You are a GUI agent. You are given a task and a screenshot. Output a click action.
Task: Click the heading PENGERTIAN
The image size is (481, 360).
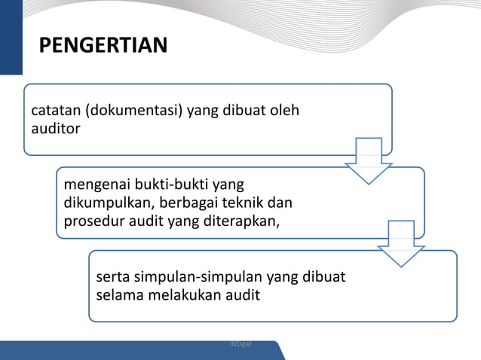pyautogui.click(x=103, y=47)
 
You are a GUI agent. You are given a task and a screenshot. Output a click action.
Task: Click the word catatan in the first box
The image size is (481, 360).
pyautogui.click(x=55, y=111)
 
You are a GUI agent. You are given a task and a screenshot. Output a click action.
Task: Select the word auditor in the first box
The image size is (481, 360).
pyautogui.click(x=55, y=128)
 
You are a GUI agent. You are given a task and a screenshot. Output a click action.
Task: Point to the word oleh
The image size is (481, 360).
pyautogui.click(x=283, y=111)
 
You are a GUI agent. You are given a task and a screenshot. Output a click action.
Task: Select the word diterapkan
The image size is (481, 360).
pyautogui.click(x=242, y=221)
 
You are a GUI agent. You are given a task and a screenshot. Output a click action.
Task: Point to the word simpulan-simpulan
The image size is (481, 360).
pyautogui.click(x=196, y=276)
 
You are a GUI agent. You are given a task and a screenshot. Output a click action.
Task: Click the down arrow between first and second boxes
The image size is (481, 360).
pyautogui.click(x=369, y=160)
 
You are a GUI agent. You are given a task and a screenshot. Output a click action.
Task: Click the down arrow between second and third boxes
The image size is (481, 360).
pyautogui.click(x=401, y=243)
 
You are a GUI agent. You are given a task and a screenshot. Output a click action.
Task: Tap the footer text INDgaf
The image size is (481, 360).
pyautogui.click(x=240, y=343)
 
